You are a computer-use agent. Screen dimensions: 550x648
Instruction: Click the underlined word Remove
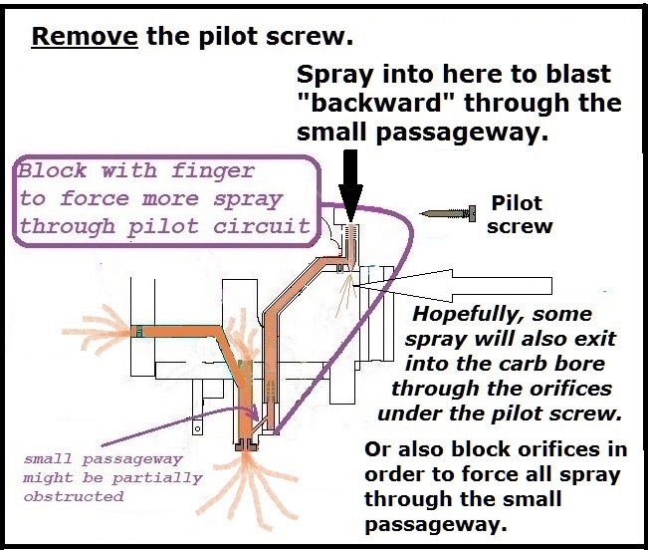[x=85, y=40]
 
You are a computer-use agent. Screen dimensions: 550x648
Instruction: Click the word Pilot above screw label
[x=517, y=203]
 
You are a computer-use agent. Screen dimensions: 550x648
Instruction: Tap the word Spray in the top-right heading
[x=339, y=76]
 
